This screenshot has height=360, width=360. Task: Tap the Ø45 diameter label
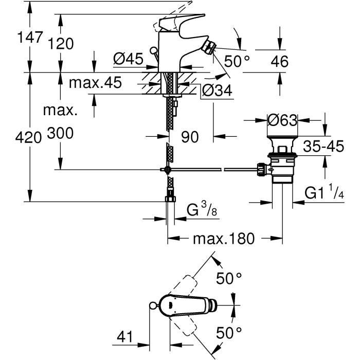pos(127,60)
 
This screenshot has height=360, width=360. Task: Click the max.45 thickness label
pos(96,82)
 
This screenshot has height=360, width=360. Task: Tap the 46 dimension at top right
pos(279,62)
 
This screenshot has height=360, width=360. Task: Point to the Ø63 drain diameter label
pos(283,121)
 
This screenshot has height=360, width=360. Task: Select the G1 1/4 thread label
pos(325,193)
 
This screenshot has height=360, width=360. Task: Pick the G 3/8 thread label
pos(199,210)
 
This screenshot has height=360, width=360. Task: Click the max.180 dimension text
pos(224,239)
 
